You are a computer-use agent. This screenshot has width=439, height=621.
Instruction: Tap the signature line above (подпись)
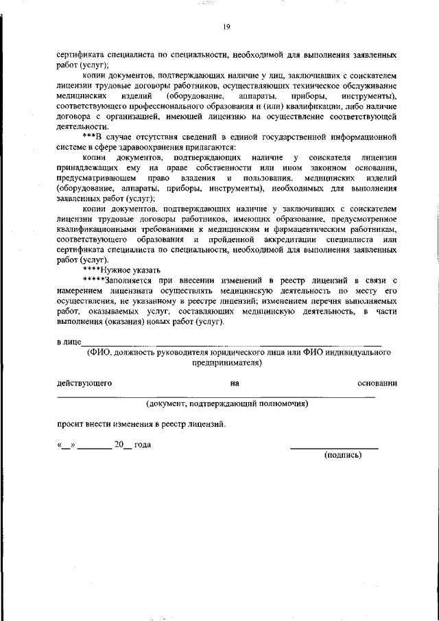coord(334,447)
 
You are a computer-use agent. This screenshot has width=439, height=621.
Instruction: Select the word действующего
coord(84,382)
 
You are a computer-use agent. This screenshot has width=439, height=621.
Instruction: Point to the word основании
coord(377,382)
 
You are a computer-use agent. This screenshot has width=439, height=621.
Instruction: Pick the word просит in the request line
coord(71,423)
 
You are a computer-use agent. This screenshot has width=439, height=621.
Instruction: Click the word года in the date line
coord(142,444)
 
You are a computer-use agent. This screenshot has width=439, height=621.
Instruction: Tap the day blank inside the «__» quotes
coord(66,445)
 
